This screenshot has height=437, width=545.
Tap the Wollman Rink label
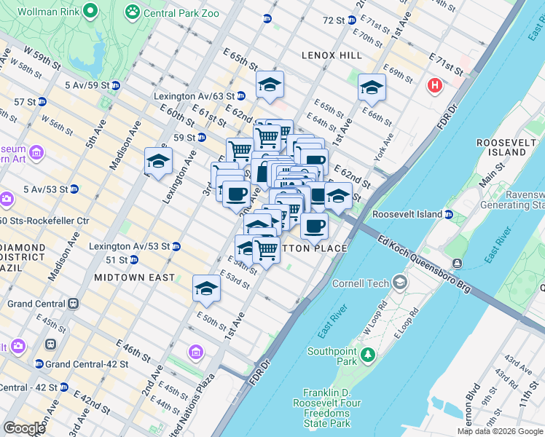(x=48, y=12)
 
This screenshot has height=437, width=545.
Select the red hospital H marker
(x=435, y=86)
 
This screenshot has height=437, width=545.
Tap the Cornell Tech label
(x=362, y=283)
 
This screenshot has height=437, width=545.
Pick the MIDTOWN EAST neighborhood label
(x=134, y=277)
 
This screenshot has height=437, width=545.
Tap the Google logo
(x=25, y=428)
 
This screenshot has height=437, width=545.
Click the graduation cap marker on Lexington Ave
(x=158, y=162)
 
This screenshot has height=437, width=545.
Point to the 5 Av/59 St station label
(x=92, y=85)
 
